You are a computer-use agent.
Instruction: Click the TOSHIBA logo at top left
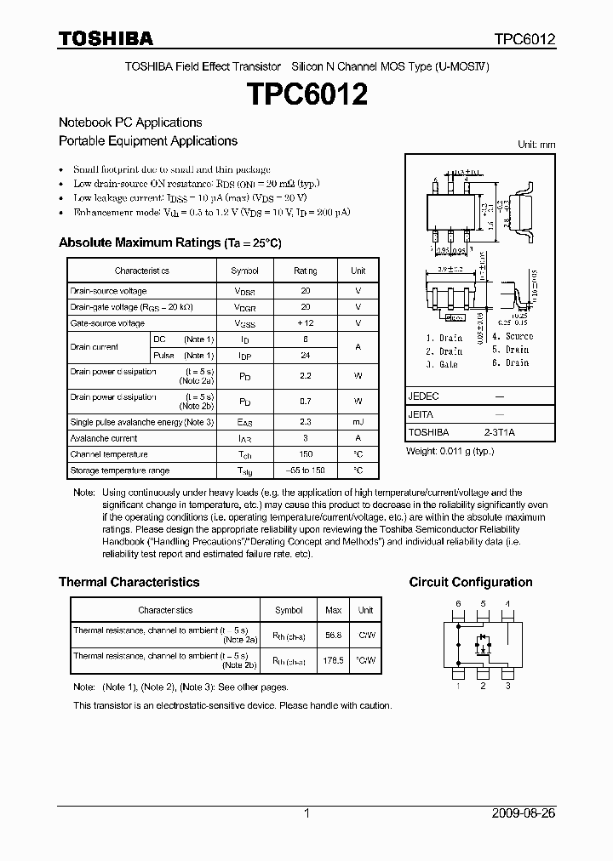click(x=106, y=38)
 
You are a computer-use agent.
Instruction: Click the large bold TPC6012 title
click(x=306, y=94)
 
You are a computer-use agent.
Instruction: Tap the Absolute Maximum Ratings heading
click(x=169, y=242)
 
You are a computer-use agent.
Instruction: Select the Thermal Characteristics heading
click(x=129, y=582)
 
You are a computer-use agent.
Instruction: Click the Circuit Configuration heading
click(x=471, y=582)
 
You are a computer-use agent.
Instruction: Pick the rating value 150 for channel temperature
click(x=306, y=454)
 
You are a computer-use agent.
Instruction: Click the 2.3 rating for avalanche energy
click(x=306, y=422)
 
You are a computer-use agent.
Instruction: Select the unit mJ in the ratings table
click(x=358, y=422)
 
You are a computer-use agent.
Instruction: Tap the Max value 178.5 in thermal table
click(x=334, y=660)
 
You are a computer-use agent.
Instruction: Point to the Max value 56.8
click(x=334, y=635)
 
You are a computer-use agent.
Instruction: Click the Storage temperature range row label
click(x=119, y=470)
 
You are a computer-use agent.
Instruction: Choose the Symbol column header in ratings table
click(x=244, y=271)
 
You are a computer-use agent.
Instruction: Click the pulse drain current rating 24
click(x=306, y=355)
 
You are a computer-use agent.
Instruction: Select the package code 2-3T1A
click(x=500, y=432)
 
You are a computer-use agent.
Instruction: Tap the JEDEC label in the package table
click(x=424, y=396)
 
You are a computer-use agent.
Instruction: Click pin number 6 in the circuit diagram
click(x=458, y=604)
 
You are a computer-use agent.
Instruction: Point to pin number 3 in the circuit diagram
click(x=508, y=686)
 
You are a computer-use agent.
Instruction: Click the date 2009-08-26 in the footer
click(x=524, y=813)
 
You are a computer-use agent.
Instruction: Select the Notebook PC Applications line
click(x=130, y=123)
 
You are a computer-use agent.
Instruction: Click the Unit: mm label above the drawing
click(x=536, y=145)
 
